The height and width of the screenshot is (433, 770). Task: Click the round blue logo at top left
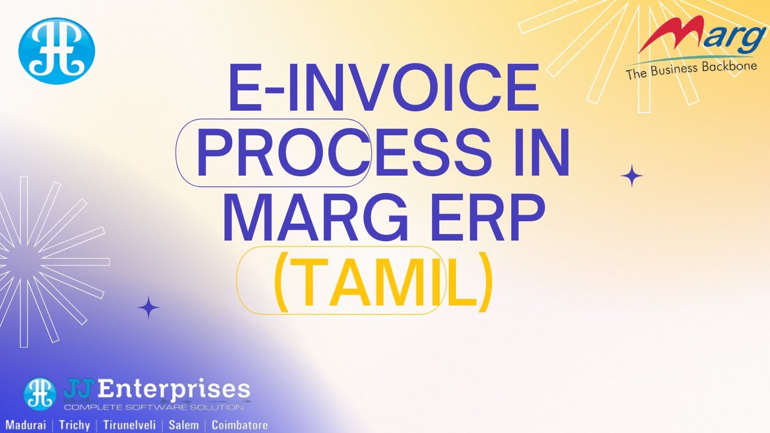[57, 51]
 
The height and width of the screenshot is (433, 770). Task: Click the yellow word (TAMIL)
[383, 281]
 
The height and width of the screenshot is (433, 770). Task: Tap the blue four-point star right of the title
[632, 176]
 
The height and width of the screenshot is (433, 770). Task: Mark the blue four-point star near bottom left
[149, 308]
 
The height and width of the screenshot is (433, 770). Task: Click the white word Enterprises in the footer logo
[173, 390]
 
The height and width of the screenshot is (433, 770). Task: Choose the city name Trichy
[75, 425]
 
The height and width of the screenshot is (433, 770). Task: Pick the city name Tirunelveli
[129, 425]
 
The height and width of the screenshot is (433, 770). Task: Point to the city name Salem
[183, 425]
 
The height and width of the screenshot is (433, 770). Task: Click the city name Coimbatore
[239, 425]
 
